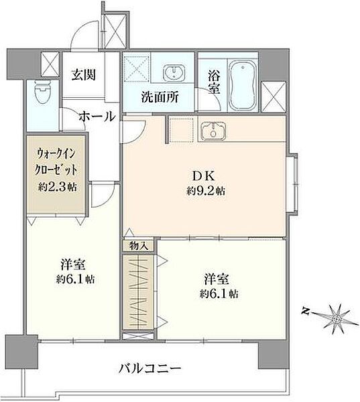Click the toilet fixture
pos(43,92)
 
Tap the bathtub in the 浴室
pos(243,84)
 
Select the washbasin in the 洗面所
pos(174,72)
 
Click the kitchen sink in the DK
pos(213,131)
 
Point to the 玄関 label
pos(83,74)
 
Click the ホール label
pos(97,117)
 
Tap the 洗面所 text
pos(160,97)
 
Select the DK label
pos(204,176)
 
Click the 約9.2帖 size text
pos(206,191)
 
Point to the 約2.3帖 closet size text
pos(58,187)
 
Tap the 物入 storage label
pos(139,246)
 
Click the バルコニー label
pos(150,369)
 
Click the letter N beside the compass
pos(305,312)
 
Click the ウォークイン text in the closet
pos(56,154)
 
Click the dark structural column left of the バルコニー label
pos(21,352)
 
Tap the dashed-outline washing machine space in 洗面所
pos(137,67)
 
